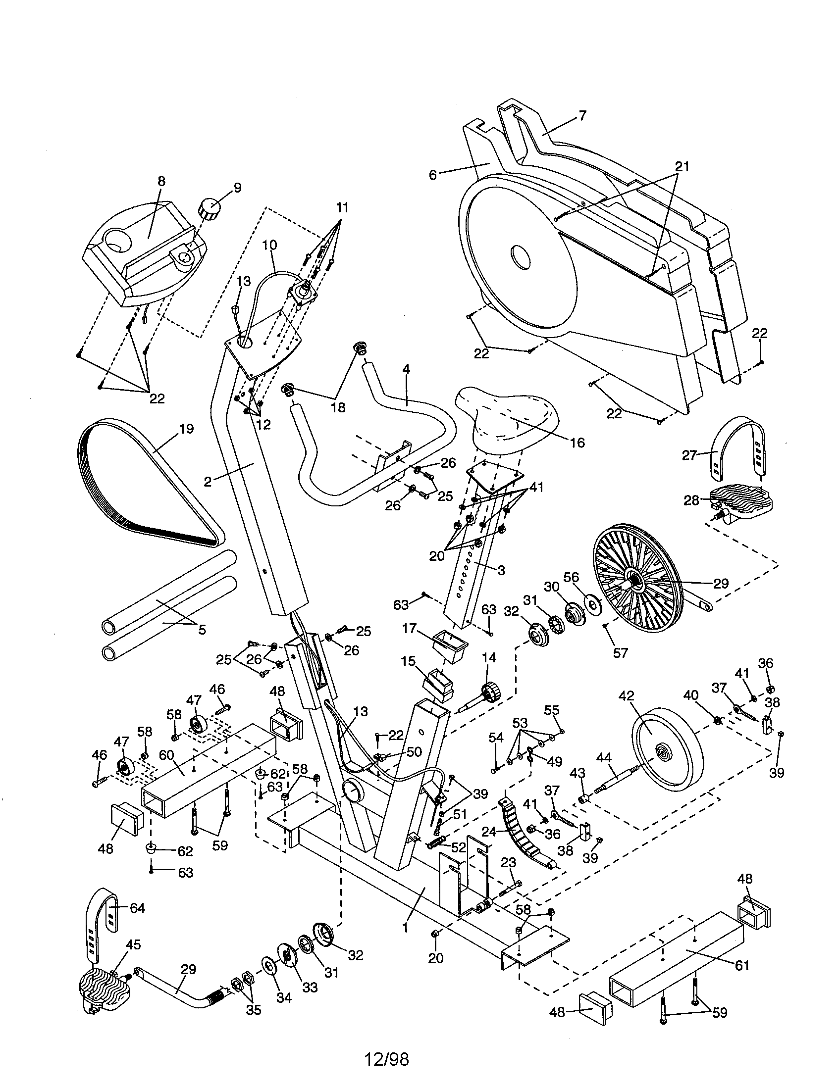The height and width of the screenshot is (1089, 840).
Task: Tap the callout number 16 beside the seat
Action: coord(577,442)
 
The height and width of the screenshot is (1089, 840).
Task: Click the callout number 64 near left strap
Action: coord(137,908)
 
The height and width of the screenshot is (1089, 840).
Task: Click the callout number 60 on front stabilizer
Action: coord(166,755)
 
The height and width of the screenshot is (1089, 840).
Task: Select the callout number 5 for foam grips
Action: coord(202,630)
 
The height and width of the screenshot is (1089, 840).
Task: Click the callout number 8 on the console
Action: coord(160,181)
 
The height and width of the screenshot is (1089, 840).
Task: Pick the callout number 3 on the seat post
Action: coord(501,570)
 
